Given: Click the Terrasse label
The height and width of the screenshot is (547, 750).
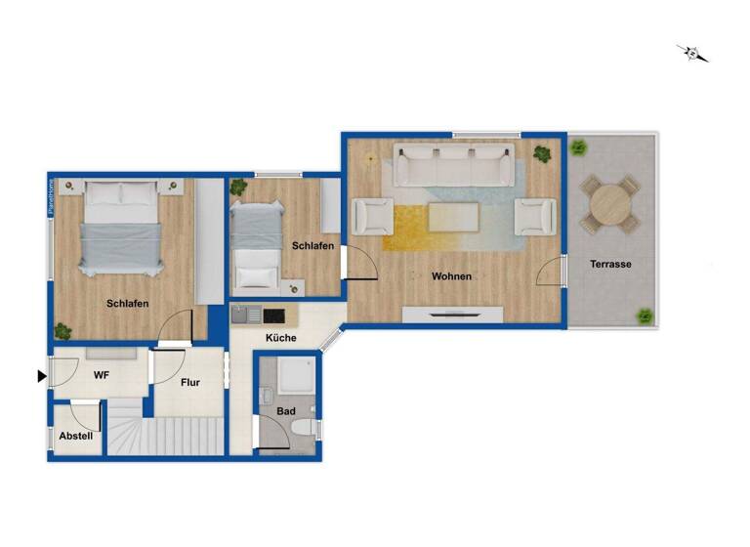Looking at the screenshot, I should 610,264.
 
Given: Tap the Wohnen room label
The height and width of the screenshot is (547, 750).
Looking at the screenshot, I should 451,276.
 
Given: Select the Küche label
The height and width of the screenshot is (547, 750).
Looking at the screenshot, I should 282,338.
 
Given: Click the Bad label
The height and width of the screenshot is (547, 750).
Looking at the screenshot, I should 285,413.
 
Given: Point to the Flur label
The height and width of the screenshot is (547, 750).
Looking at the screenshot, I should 190,382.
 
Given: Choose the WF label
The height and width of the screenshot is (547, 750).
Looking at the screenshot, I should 101,374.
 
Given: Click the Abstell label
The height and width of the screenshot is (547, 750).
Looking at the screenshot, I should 76,436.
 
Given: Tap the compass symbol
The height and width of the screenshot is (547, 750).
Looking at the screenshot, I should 693,53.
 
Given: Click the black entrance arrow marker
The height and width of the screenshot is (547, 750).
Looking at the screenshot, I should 41,375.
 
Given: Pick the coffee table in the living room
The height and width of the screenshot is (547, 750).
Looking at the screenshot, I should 453,216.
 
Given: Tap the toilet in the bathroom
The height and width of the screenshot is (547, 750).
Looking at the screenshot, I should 304,429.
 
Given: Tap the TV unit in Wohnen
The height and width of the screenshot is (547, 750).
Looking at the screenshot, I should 452,315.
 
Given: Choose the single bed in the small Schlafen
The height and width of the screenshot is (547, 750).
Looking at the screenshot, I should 255,247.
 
